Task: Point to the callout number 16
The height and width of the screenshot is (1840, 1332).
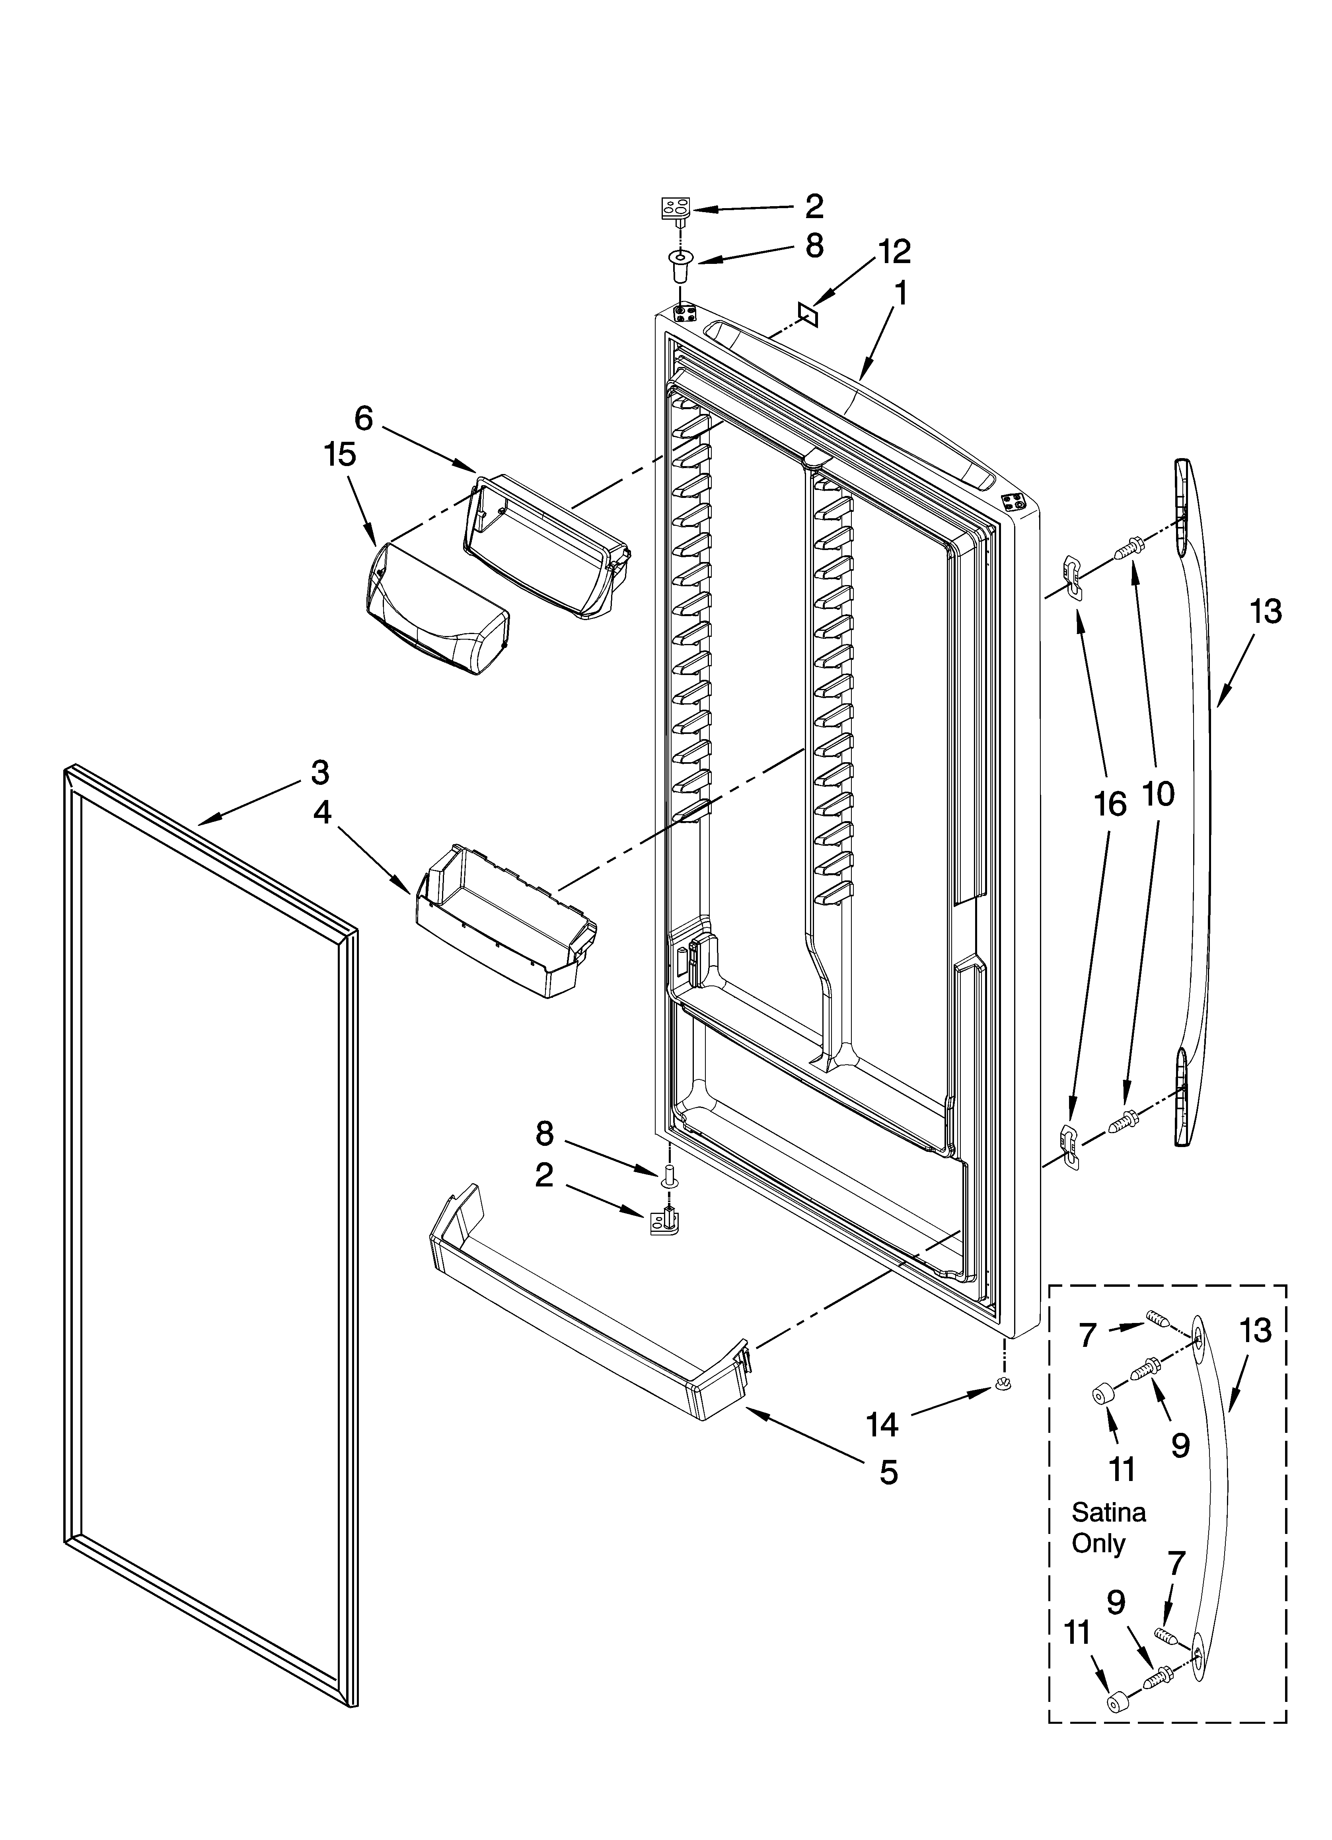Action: pyautogui.click(x=1110, y=804)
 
